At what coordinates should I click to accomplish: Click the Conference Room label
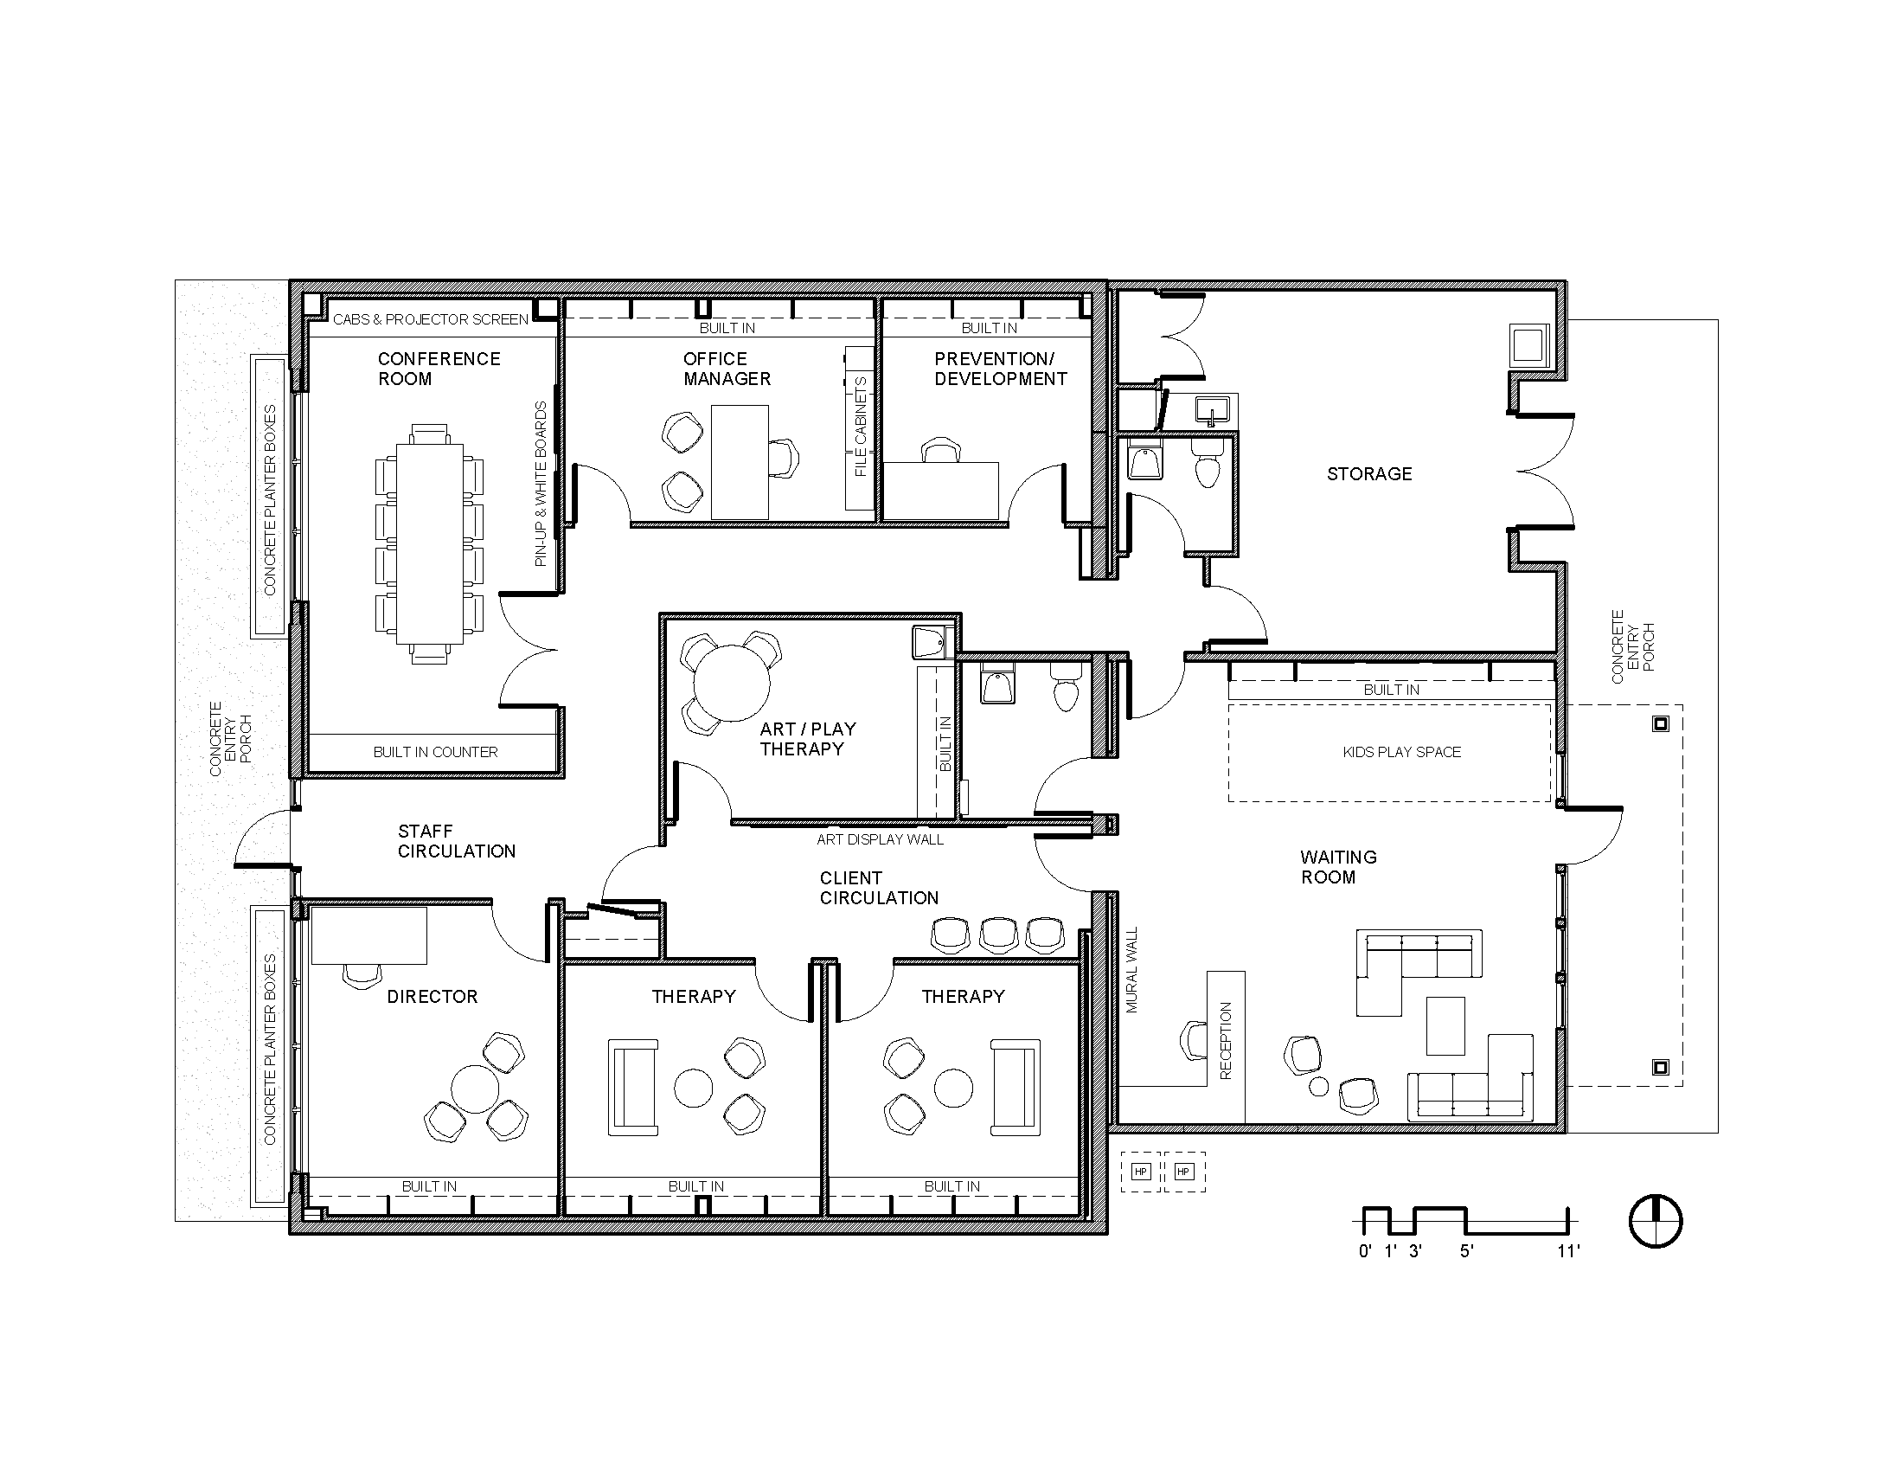tap(439, 369)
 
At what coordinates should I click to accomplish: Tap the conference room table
tap(429, 543)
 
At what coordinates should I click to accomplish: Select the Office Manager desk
tap(740, 462)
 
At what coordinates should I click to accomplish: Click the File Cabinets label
tap(861, 426)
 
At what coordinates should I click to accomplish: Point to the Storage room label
tap(1369, 474)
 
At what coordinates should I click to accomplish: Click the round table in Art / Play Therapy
tap(731, 684)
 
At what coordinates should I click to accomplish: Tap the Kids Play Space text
tap(1401, 752)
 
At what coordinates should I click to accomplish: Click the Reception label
tap(1226, 1041)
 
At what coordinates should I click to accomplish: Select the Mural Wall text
tap(1132, 970)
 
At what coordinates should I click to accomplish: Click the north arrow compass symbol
tap(1656, 1221)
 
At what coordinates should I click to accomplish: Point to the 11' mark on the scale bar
tap(1568, 1251)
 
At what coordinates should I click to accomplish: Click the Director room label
tap(432, 997)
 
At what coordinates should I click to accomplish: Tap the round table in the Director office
tap(475, 1089)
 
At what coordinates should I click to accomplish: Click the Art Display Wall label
tap(879, 839)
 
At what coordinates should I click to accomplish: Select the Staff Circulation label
tap(456, 841)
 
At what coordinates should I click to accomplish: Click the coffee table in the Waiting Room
tap(1445, 1025)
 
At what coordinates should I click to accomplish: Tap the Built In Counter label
tap(435, 752)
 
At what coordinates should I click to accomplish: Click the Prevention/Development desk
tap(941, 491)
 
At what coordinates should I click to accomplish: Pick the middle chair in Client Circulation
tap(998, 935)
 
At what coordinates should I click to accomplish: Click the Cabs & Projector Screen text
tap(431, 320)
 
